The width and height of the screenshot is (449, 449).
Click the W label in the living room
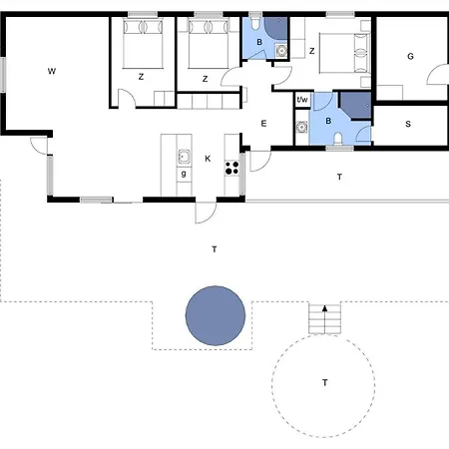point(52,71)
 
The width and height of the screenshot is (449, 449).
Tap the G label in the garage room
point(410,56)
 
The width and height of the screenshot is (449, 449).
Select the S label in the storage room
point(408,124)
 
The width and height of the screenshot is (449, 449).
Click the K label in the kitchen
point(208,159)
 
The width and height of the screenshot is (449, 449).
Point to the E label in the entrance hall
point(263,124)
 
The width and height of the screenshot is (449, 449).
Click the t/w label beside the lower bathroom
point(302,99)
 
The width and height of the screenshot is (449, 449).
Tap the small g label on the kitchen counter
point(184,174)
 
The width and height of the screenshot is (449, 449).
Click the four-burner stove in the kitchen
point(231,168)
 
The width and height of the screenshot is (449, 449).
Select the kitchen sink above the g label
point(184,156)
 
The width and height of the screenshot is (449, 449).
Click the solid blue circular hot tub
point(216,315)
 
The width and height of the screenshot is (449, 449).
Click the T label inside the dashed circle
point(325,383)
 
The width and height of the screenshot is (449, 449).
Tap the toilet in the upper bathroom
point(255,22)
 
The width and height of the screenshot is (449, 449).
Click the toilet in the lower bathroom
point(338,138)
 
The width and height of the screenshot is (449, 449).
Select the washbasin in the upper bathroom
point(281,51)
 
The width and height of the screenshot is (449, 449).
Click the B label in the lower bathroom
point(328,121)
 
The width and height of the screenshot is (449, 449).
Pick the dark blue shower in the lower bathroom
point(356,105)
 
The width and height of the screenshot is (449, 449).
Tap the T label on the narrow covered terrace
point(339,177)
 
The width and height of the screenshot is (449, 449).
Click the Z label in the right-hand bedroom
point(311,51)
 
